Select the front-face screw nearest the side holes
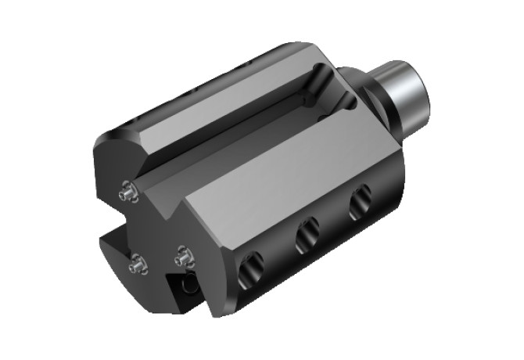183,255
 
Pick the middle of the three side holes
307,235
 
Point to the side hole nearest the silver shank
361,203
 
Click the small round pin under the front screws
188,286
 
